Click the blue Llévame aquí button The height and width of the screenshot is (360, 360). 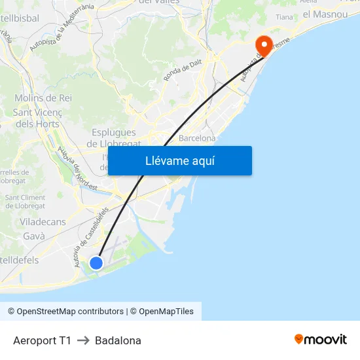pos(179,160)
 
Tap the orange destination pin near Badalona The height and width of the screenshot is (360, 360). pos(264,45)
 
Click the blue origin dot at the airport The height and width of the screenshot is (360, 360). pos(96,263)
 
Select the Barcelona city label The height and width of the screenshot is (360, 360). pos(197,139)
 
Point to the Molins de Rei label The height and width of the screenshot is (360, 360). pos(43,98)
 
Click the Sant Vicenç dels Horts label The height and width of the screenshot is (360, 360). pos(37,118)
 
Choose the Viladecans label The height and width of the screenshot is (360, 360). pos(43,222)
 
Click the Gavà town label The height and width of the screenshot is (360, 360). pos(33,236)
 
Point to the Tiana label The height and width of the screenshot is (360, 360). pos(285,17)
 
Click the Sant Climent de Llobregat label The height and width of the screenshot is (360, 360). pos(25,202)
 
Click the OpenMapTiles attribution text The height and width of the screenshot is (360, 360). pos(166,312)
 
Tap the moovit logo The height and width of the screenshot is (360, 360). pos(320,339)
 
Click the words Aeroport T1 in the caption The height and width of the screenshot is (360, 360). pos(42,340)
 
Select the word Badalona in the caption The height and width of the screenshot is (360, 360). pos(118,340)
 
